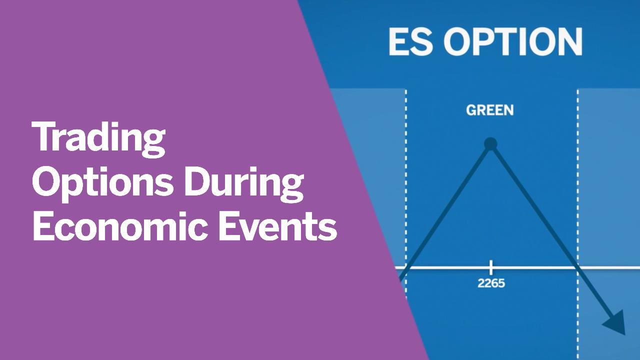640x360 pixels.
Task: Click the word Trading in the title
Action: [99, 139]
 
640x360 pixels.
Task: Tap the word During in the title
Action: [243, 184]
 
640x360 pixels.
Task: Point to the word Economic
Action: [121, 226]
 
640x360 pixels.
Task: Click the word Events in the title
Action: [278, 226]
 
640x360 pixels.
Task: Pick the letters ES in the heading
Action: [410, 41]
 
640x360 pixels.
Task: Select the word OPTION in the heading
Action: [513, 41]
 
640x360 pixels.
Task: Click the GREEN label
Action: [489, 110]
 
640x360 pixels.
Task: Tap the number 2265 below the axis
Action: [491, 283]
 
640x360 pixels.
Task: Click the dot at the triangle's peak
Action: [491, 143]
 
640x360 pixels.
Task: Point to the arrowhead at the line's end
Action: [615, 323]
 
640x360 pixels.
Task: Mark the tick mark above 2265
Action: [491, 267]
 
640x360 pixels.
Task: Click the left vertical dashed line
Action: [406, 224]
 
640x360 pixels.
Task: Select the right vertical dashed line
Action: [577, 224]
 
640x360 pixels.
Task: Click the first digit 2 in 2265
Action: [481, 283]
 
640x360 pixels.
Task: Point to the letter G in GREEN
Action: [470, 110]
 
